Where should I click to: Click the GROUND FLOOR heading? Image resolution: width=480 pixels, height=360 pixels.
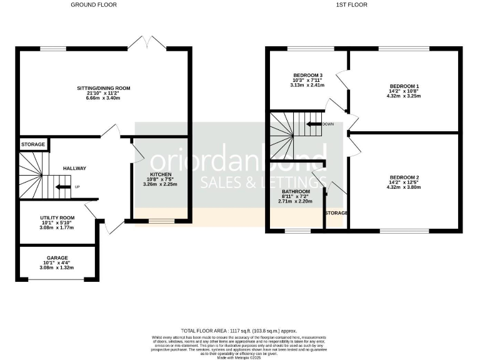click(94, 5)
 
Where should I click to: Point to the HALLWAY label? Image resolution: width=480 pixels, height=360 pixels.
click(74, 168)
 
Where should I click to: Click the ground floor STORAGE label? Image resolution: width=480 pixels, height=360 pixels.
click(33, 145)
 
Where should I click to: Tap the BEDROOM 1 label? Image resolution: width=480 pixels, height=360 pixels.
click(404, 86)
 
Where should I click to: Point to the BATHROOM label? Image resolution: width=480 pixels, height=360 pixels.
click(296, 191)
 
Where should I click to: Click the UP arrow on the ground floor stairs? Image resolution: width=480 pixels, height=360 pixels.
click(63, 186)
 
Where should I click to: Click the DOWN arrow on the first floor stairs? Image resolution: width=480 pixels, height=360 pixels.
click(314, 124)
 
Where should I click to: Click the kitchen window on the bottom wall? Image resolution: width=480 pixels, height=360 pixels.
click(161, 220)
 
